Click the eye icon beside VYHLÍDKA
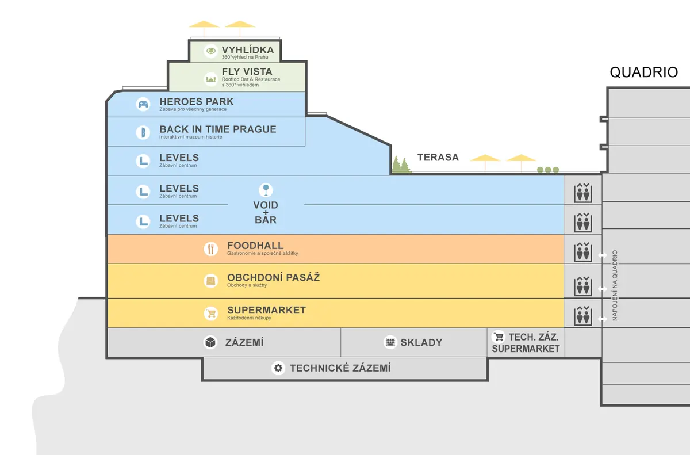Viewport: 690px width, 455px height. click(x=210, y=51)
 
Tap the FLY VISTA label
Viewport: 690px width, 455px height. click(x=247, y=72)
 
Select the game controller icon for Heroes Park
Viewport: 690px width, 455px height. click(x=143, y=104)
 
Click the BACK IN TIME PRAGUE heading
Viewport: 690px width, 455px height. click(x=218, y=129)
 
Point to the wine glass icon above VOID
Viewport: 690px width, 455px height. click(x=266, y=190)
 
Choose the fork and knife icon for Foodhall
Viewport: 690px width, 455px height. click(x=210, y=249)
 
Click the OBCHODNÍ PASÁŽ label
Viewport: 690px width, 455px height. click(x=274, y=277)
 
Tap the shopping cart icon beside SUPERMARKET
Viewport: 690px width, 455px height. click(x=211, y=313)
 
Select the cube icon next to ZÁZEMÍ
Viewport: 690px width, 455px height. click(x=210, y=342)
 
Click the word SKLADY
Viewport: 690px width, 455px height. click(x=421, y=342)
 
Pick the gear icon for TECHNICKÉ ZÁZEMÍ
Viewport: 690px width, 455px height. click(x=278, y=368)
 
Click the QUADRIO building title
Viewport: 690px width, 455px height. click(x=644, y=72)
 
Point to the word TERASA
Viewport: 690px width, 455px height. click(x=438, y=157)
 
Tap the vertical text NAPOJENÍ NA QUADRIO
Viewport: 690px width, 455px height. click(x=615, y=285)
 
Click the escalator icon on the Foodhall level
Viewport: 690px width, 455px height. click(x=583, y=252)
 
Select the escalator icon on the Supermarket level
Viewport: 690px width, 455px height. click(x=583, y=316)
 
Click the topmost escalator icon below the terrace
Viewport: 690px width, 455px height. click(x=583, y=193)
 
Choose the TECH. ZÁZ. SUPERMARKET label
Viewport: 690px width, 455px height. click(x=526, y=343)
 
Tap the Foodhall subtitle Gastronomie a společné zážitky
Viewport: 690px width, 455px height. click(x=262, y=253)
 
